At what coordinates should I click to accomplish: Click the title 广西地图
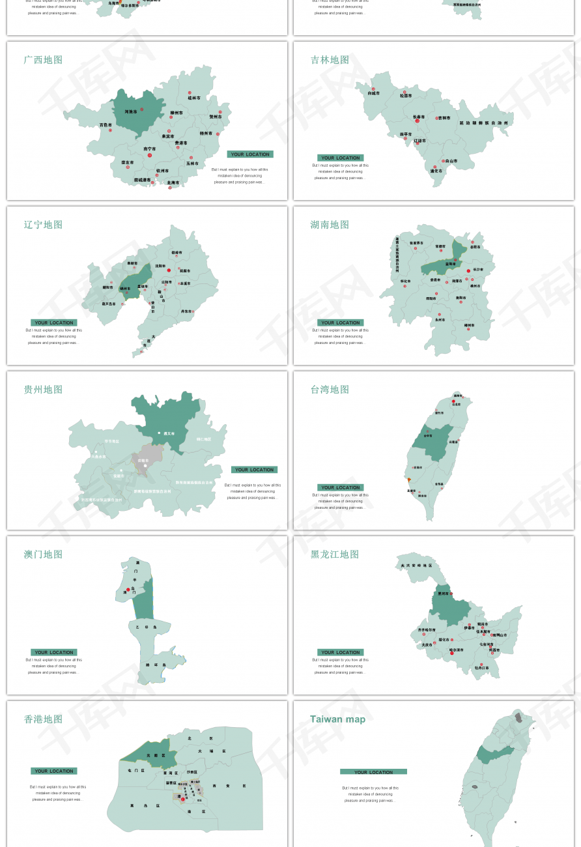(43, 60)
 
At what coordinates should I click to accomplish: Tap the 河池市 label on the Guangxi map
(131, 112)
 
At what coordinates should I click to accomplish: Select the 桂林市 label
(194, 98)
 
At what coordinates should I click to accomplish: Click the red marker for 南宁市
(150, 155)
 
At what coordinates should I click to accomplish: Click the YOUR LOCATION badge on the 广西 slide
(250, 154)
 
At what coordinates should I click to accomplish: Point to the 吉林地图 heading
(330, 60)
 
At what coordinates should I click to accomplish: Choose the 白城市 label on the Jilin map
(373, 93)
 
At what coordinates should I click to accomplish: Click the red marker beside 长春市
(418, 121)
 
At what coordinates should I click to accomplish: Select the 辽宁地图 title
(43, 225)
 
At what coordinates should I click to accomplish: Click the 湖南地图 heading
(330, 225)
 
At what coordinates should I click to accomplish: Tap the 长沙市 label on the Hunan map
(478, 269)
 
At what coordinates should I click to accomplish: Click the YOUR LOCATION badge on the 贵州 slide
(254, 470)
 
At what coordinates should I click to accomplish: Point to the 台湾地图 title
(330, 390)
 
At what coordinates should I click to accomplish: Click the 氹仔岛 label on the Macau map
(142, 626)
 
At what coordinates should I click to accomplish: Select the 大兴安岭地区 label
(416, 566)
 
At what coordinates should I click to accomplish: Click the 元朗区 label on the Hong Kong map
(152, 755)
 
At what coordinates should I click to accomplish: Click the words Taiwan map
(337, 719)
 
